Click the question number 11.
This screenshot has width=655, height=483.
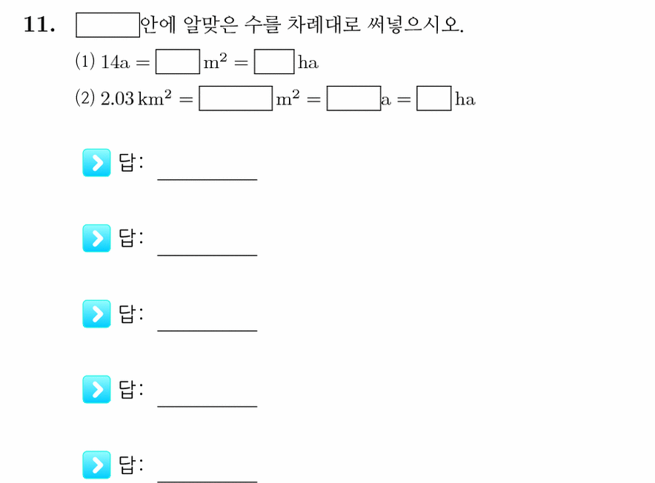[x=39, y=24]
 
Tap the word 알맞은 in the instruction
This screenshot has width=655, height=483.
[x=210, y=24]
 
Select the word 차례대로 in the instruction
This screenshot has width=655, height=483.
[x=323, y=24]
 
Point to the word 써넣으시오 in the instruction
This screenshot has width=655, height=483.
[x=415, y=24]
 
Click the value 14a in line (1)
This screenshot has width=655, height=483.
[x=115, y=62]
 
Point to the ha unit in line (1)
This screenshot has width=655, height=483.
[x=308, y=63]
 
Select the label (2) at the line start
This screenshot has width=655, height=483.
[x=84, y=99]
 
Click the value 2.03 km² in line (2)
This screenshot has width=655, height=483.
[x=136, y=99]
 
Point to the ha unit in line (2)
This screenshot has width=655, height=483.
[x=465, y=99]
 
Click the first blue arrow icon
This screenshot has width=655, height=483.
[x=96, y=162]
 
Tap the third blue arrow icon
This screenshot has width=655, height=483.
[x=96, y=314]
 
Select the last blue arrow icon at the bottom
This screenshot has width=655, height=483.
[x=96, y=464]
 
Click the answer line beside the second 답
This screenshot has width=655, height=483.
[x=207, y=255]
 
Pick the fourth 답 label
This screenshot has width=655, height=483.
[x=131, y=389]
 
